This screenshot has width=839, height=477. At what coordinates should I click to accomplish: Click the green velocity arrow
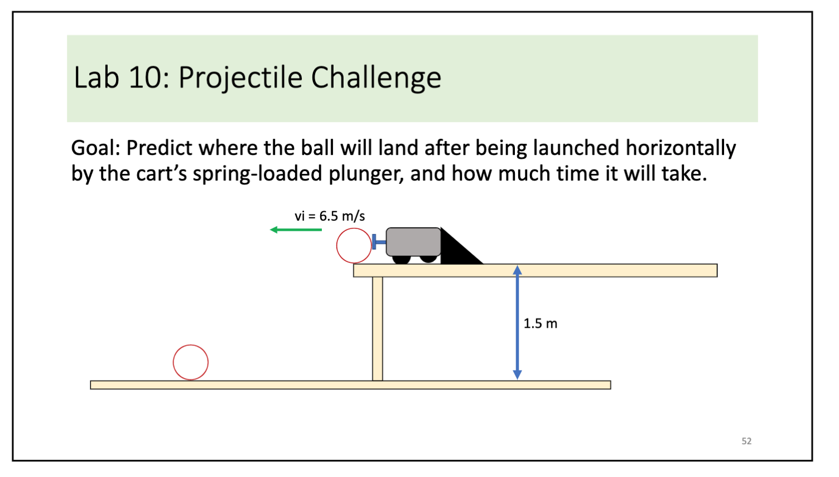(x=296, y=230)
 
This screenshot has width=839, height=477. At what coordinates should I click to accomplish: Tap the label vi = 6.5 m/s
(x=330, y=216)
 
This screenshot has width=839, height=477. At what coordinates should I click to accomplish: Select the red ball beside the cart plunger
(x=354, y=246)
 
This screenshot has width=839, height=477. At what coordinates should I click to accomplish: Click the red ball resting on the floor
(x=191, y=362)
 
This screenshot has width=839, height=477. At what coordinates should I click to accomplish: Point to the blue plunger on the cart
(x=378, y=241)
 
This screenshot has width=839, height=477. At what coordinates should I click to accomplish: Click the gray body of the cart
(x=413, y=241)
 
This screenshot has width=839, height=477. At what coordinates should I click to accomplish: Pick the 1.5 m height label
(x=540, y=324)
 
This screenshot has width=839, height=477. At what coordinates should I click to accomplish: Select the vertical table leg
(x=378, y=329)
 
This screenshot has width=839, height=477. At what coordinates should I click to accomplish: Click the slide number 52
(x=746, y=441)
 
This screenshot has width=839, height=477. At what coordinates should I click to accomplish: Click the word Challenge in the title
(x=376, y=77)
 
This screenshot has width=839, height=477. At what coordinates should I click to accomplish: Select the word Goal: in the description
(x=95, y=148)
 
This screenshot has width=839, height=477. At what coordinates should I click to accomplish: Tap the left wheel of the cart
(x=401, y=259)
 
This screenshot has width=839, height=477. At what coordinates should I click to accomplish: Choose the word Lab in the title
(x=96, y=77)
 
